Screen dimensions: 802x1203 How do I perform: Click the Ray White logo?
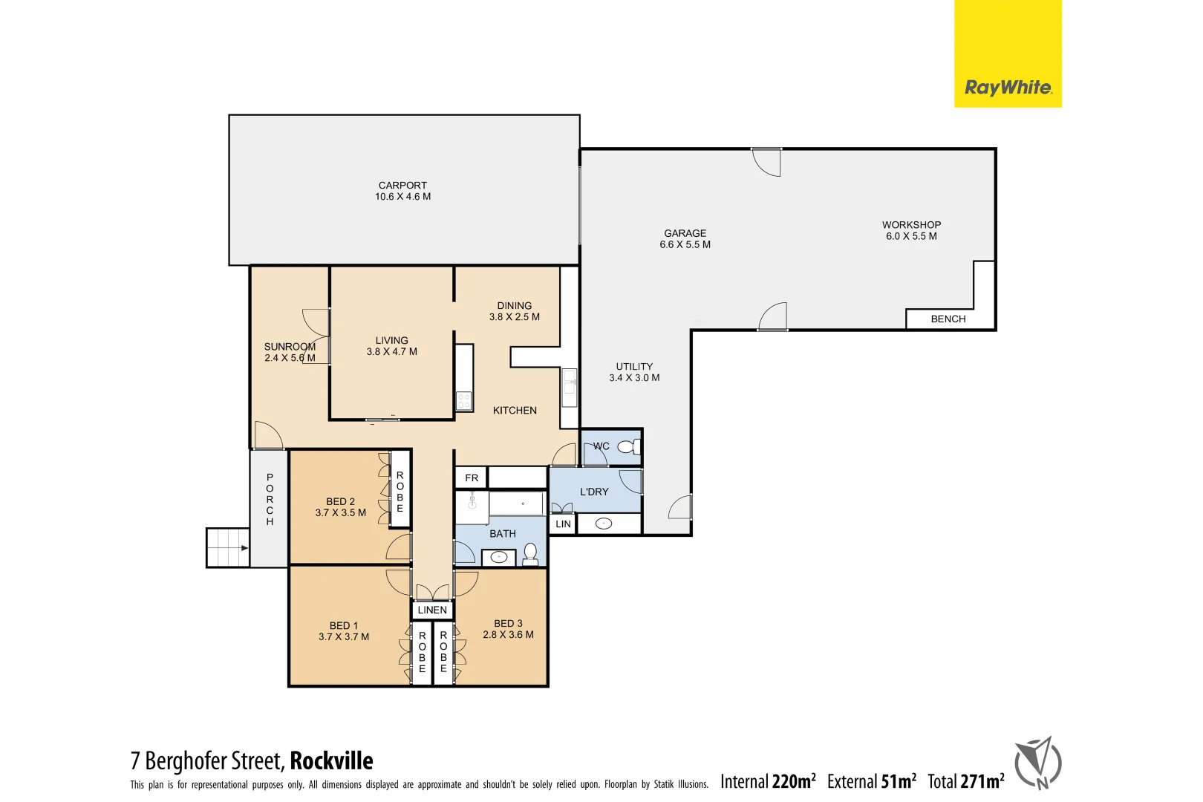coord(1007,88)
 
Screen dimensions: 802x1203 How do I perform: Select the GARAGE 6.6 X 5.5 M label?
coord(685,238)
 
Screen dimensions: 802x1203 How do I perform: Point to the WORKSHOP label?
coord(911,225)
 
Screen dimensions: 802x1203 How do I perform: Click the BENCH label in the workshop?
coord(948,319)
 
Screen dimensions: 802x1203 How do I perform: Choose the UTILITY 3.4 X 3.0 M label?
coord(634,372)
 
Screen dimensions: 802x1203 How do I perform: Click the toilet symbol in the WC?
coord(628,447)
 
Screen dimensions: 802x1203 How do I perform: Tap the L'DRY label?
coord(594,492)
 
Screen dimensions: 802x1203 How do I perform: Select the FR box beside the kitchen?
coord(472,477)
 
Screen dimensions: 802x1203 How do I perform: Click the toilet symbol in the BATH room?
coord(531,553)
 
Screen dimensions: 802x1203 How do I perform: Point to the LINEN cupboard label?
coord(432,610)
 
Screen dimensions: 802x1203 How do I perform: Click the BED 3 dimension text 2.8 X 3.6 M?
coord(508,635)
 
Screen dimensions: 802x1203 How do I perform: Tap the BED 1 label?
coord(344,625)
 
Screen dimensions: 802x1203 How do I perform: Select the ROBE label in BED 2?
coord(400,492)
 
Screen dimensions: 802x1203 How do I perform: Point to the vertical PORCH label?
coord(270,499)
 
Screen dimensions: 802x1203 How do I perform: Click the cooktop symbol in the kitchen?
coord(464,401)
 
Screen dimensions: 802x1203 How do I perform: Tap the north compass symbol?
coord(1038,763)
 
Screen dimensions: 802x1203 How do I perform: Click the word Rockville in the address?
coord(331,761)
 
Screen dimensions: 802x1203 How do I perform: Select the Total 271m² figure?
coord(965,781)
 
